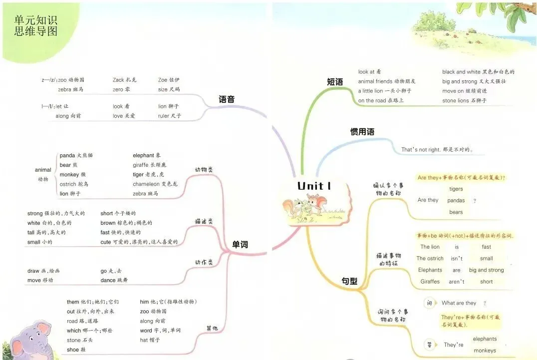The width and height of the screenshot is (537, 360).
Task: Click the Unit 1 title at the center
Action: click(314, 186)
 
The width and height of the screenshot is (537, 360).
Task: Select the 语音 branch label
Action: click(227, 99)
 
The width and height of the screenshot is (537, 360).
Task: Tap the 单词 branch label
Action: click(240, 244)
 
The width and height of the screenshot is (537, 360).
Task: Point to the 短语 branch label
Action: click(335, 82)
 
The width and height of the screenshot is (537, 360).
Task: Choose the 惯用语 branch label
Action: click(362, 132)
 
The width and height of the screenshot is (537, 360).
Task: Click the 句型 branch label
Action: click(349, 281)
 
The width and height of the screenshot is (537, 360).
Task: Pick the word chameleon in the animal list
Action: click(146, 184)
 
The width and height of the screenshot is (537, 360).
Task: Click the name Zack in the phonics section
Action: click(118, 80)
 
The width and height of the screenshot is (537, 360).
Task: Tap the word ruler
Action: click(164, 116)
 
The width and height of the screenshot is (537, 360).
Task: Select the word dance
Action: click(107, 280)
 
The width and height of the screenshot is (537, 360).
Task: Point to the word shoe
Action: click(72, 350)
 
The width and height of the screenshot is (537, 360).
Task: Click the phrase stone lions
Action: click(456, 101)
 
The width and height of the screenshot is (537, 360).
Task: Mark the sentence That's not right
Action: click(418, 149)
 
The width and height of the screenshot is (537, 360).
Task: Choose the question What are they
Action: click(459, 303)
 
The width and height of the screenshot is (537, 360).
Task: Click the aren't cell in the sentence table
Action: click(456, 282)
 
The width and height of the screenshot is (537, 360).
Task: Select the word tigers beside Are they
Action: click(456, 189)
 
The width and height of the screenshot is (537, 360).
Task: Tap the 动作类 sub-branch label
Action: click(204, 262)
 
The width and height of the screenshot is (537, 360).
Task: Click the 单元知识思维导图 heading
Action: click(36, 25)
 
